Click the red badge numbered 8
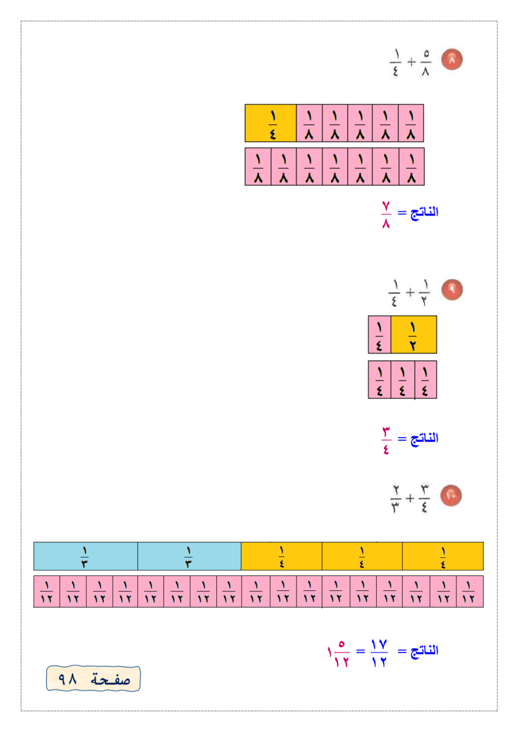click(452, 60)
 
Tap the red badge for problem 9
click(452, 290)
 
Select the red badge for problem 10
click(451, 496)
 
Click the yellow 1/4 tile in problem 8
click(271, 123)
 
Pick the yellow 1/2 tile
click(414, 335)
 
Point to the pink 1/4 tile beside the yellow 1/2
click(379, 335)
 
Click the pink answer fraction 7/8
click(386, 215)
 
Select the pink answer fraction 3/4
click(387, 440)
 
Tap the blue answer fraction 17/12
click(379, 652)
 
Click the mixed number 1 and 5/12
click(338, 653)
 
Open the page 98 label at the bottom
click(93, 678)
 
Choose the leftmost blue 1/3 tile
click(85, 556)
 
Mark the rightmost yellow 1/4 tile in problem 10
click(443, 556)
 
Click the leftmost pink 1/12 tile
click(47, 592)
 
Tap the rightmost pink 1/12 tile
click(469, 592)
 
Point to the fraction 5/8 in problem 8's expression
click(425, 63)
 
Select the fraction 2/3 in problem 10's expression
click(396, 499)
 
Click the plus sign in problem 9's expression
click(410, 293)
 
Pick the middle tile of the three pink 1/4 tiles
click(403, 379)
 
